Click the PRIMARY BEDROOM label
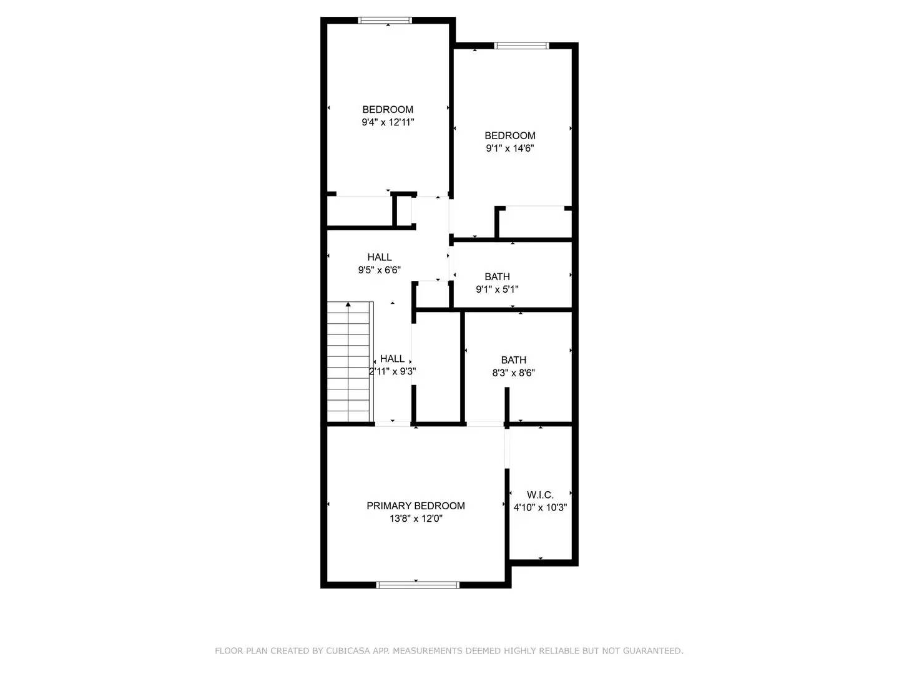(x=415, y=506)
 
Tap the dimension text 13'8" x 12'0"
(x=415, y=519)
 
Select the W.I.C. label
(x=540, y=495)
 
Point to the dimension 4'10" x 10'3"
(x=540, y=508)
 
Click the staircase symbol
(x=350, y=362)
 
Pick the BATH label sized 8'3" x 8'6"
(x=513, y=360)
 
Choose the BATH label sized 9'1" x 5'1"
(x=497, y=276)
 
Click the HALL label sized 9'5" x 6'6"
(x=380, y=257)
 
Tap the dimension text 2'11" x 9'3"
(x=393, y=371)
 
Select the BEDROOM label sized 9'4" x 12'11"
(x=388, y=109)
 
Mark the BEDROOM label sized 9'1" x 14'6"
(x=510, y=135)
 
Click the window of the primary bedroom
(x=418, y=585)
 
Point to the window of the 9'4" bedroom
(x=385, y=21)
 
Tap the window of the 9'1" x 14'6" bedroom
(x=521, y=46)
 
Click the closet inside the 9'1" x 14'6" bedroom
(x=536, y=222)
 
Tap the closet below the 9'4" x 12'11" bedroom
(x=360, y=212)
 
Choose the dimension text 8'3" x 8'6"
(x=513, y=373)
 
